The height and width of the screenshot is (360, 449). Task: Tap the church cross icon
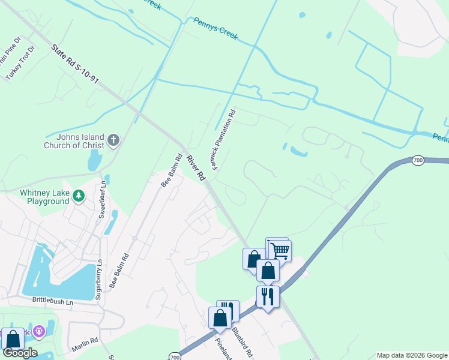pyautogui.click(x=113, y=141)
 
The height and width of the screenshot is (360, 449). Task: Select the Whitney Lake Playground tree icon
pyautogui.click(x=78, y=195)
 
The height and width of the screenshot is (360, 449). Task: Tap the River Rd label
pyautogui.click(x=196, y=168)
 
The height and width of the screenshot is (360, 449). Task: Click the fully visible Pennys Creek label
pyautogui.click(x=215, y=29)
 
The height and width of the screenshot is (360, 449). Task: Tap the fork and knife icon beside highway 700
pyautogui.click(x=267, y=296)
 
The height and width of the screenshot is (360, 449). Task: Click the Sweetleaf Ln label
pyautogui.click(x=103, y=196)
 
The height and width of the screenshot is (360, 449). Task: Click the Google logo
pyautogui.click(x=20, y=353)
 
